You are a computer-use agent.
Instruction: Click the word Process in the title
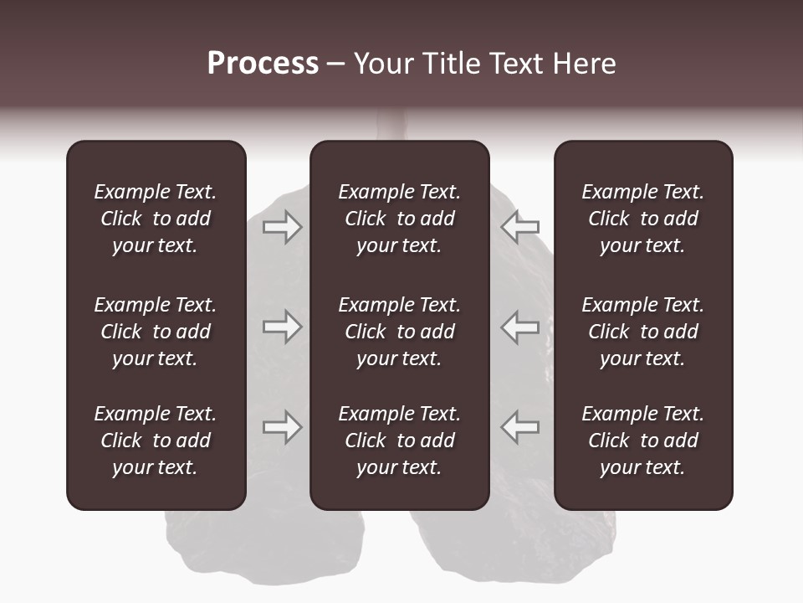click(x=263, y=64)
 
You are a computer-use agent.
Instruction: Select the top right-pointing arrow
click(x=282, y=226)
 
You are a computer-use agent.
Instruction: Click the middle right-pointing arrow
click(x=282, y=327)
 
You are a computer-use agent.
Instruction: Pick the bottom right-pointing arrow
click(x=282, y=427)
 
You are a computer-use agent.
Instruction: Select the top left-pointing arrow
click(x=520, y=226)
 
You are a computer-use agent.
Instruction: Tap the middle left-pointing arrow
click(x=520, y=327)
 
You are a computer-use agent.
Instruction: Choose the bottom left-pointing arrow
click(x=520, y=427)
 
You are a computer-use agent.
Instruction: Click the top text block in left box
click(x=156, y=219)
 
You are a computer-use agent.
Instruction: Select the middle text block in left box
click(x=156, y=332)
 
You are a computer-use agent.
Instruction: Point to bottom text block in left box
click(x=156, y=441)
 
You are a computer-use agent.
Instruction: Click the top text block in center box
click(x=399, y=219)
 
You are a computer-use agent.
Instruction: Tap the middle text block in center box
click(x=399, y=332)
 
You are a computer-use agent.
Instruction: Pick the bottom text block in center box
click(x=399, y=441)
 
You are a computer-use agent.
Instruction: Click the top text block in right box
click(x=642, y=219)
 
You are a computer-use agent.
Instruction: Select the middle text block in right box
click(x=642, y=332)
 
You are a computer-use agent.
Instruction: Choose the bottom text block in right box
click(x=642, y=441)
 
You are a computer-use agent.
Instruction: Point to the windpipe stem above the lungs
click(x=391, y=126)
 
